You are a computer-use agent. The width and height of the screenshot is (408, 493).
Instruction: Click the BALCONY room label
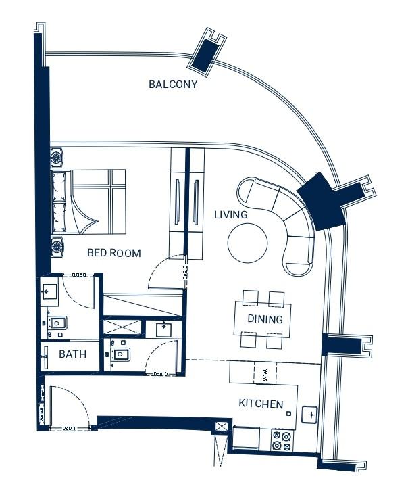tap(173, 85)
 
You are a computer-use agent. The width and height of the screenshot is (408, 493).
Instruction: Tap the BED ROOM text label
tap(114, 254)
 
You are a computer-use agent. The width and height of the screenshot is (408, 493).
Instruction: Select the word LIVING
tap(231, 215)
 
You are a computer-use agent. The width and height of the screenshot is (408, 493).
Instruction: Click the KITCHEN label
tap(261, 404)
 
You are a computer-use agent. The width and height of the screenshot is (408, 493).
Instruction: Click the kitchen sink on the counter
tap(311, 414)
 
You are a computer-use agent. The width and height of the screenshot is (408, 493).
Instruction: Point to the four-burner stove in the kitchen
tap(281, 441)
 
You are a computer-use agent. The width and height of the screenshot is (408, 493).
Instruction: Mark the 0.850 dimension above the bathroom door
tap(78, 275)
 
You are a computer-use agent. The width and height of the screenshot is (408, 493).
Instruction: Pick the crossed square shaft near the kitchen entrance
tap(221, 427)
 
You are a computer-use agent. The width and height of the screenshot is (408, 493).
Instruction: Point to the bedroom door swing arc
tap(162, 271)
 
